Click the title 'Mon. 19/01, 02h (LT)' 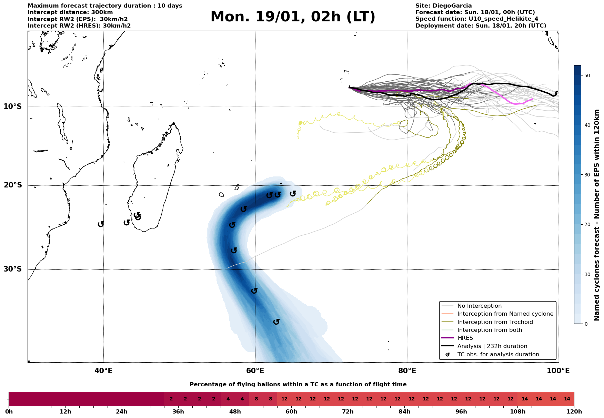point(293,17)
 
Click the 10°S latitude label point(13,106)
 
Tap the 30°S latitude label point(13,269)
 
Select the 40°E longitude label point(103,371)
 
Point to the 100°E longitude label point(558,371)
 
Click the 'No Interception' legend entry point(479,306)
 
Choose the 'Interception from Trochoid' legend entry point(495,322)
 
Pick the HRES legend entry point(465,338)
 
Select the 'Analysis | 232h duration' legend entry point(492,346)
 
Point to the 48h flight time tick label point(235,411)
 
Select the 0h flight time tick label point(9,411)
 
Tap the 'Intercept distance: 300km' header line point(70,12)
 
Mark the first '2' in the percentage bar point(171,399)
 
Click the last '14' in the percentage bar point(567,399)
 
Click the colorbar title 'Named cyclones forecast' point(597,215)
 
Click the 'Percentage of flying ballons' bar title point(298,385)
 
